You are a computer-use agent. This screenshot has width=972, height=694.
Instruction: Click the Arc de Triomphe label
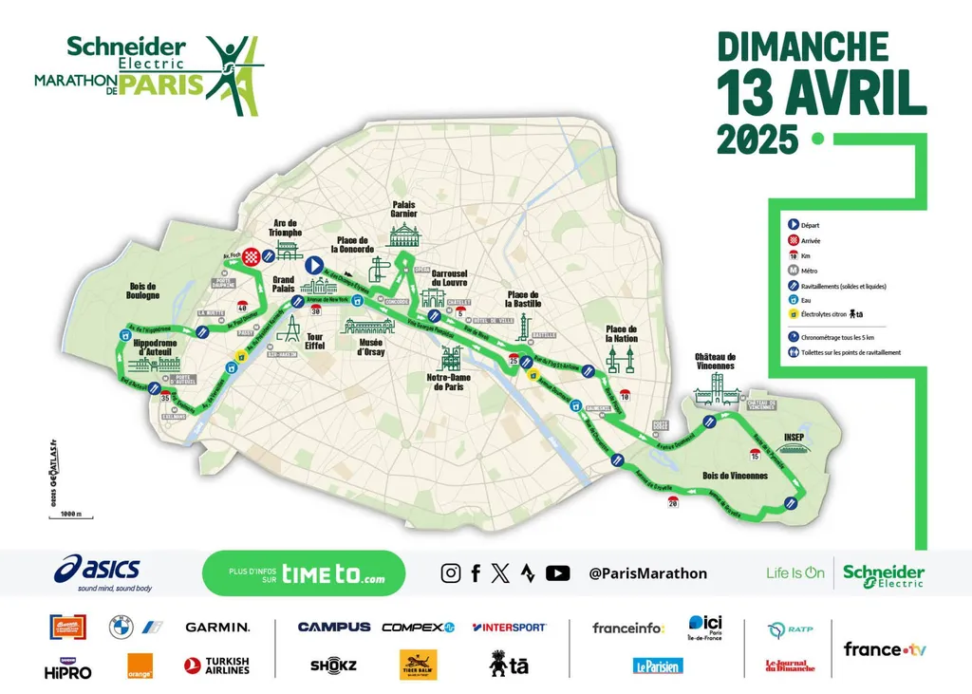click(x=286, y=227)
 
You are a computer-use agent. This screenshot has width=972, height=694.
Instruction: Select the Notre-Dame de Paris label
click(x=450, y=382)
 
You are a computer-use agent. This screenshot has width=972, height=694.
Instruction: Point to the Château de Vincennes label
click(x=715, y=362)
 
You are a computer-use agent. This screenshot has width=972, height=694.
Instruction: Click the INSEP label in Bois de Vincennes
click(x=794, y=438)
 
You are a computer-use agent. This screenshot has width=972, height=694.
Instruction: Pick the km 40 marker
click(x=242, y=307)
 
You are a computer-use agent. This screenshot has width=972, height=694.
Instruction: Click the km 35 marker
click(x=165, y=398)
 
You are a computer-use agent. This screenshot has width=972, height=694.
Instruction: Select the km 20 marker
click(x=673, y=502)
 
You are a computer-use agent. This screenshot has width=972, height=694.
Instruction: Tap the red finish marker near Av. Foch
click(x=251, y=256)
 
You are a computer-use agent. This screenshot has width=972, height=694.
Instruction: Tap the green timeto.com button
click(x=304, y=573)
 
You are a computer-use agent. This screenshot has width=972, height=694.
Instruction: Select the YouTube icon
click(x=558, y=572)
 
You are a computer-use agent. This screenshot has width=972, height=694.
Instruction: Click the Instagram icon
click(x=451, y=572)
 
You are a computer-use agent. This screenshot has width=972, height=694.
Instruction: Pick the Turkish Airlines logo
click(x=216, y=666)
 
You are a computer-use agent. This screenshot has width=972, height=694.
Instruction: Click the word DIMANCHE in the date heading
click(x=802, y=47)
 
